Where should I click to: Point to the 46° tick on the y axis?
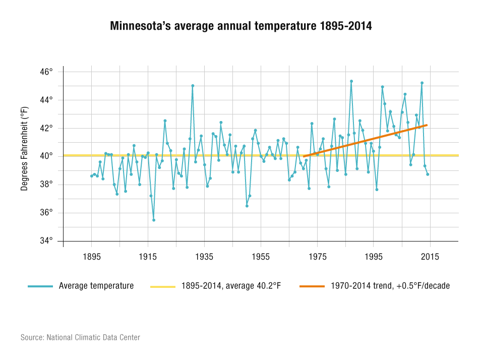(47, 72)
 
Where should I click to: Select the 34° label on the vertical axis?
(47, 241)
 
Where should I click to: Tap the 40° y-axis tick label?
(47, 156)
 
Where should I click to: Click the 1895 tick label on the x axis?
(91, 257)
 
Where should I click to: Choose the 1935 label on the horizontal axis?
(204, 257)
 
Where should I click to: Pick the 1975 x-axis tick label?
(317, 257)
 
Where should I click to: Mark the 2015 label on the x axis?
(430, 257)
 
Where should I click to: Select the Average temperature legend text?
(96, 286)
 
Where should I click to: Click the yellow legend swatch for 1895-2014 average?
(162, 286)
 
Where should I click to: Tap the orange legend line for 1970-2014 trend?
(312, 286)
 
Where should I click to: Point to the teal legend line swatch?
(40, 286)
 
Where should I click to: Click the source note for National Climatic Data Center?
(80, 337)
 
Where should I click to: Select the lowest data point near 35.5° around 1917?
(154, 220)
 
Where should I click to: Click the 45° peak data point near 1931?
(193, 86)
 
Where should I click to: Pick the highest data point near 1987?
(351, 81)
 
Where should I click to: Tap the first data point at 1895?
(91, 176)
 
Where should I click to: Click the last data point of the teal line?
(428, 174)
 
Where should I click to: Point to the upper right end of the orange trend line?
(427, 125)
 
